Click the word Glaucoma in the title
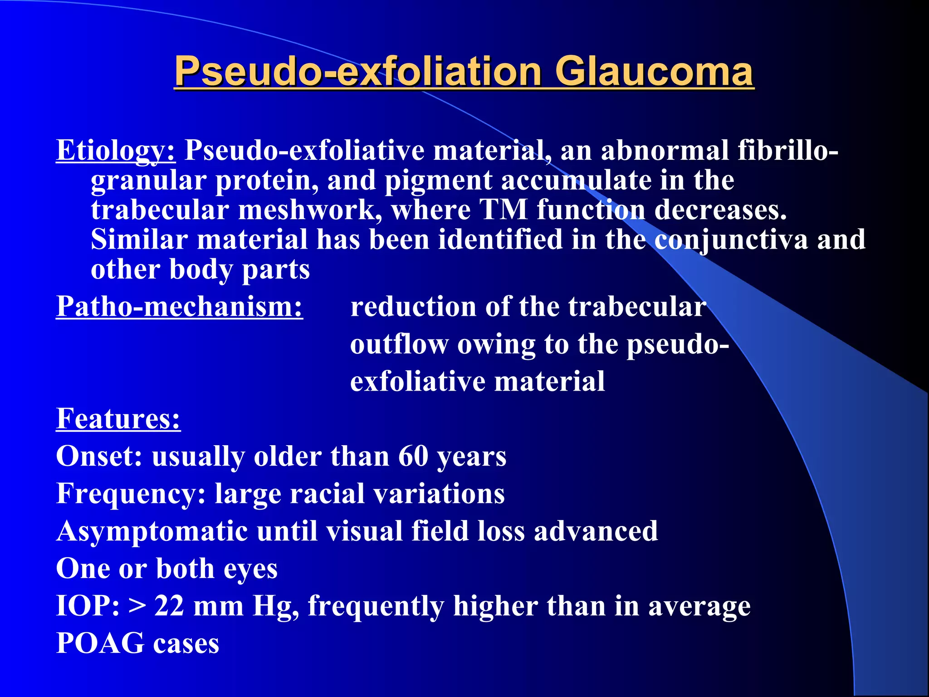coord(654,72)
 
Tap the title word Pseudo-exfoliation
coord(358,72)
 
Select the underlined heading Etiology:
coord(116,151)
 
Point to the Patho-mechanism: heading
coord(179,307)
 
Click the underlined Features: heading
coord(118,418)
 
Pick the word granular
coord(148,181)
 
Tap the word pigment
coord(438,181)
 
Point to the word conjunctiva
coord(731,240)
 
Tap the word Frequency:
coord(131,494)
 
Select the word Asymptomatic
coord(152,531)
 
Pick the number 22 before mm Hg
coord(169,606)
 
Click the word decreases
coord(720,211)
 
